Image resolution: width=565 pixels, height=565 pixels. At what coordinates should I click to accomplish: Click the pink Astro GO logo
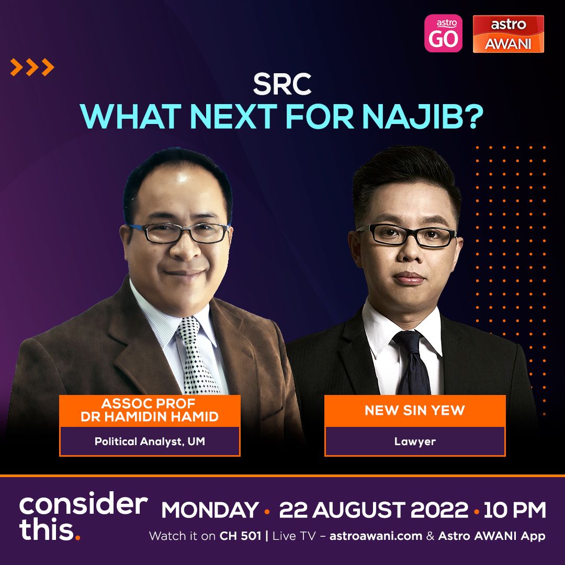pos(443,33)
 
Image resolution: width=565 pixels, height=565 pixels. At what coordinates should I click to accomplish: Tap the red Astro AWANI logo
pos(508,34)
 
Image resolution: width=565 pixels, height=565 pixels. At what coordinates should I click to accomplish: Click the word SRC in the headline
pos(282,84)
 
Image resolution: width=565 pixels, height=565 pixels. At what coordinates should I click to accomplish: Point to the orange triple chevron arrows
pos(32,67)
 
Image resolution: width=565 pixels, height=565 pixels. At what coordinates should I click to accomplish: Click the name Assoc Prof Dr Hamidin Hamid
pos(150,410)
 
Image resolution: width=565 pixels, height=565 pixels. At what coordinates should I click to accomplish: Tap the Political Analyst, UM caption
pos(150,442)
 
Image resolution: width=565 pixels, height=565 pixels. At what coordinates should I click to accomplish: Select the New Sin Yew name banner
pos(415,411)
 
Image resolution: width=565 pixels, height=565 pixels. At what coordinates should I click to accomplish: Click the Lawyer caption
pos(415,442)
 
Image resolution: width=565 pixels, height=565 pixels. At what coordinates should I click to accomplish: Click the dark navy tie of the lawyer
pos(413,362)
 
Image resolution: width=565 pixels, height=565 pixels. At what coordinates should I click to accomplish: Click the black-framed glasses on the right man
pos(406,235)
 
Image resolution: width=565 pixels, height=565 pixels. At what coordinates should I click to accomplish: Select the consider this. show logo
pos(83,516)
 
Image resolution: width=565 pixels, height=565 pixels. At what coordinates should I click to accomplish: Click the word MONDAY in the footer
pos(210,510)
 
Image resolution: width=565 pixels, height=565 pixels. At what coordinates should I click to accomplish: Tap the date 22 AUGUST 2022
pos(374,510)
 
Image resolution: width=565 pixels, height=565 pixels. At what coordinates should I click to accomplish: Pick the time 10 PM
pos(515,510)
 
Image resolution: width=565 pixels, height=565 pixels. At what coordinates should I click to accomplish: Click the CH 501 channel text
pos(240,536)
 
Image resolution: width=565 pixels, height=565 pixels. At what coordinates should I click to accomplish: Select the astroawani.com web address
pos(376,536)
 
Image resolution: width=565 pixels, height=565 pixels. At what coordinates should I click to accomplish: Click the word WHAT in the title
pos(130,116)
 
